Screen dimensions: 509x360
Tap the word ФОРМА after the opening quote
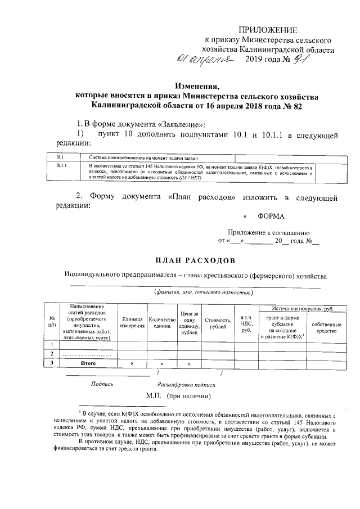point(271,217)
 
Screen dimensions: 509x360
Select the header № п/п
point(52,323)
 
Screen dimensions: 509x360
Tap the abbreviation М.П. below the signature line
point(154,397)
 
